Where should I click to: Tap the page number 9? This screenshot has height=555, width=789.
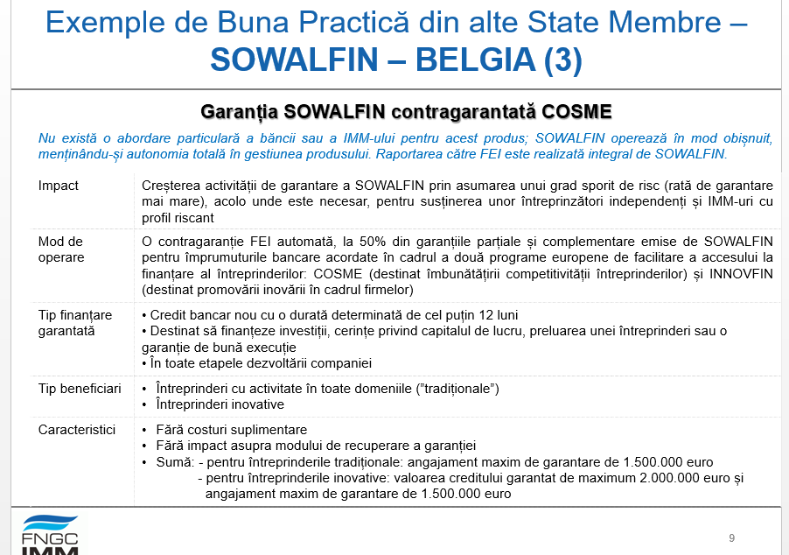click(x=731, y=537)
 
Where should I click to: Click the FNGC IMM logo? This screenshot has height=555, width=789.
click(x=50, y=535)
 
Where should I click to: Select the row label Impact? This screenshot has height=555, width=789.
click(x=59, y=186)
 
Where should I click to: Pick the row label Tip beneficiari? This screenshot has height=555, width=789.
click(x=80, y=388)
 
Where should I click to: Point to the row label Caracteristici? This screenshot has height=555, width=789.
click(x=77, y=430)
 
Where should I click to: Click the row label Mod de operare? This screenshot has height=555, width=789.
click(x=61, y=249)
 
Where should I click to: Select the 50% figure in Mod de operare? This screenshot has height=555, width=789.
click(x=386, y=242)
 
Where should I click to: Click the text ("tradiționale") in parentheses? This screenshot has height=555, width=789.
click(x=456, y=388)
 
